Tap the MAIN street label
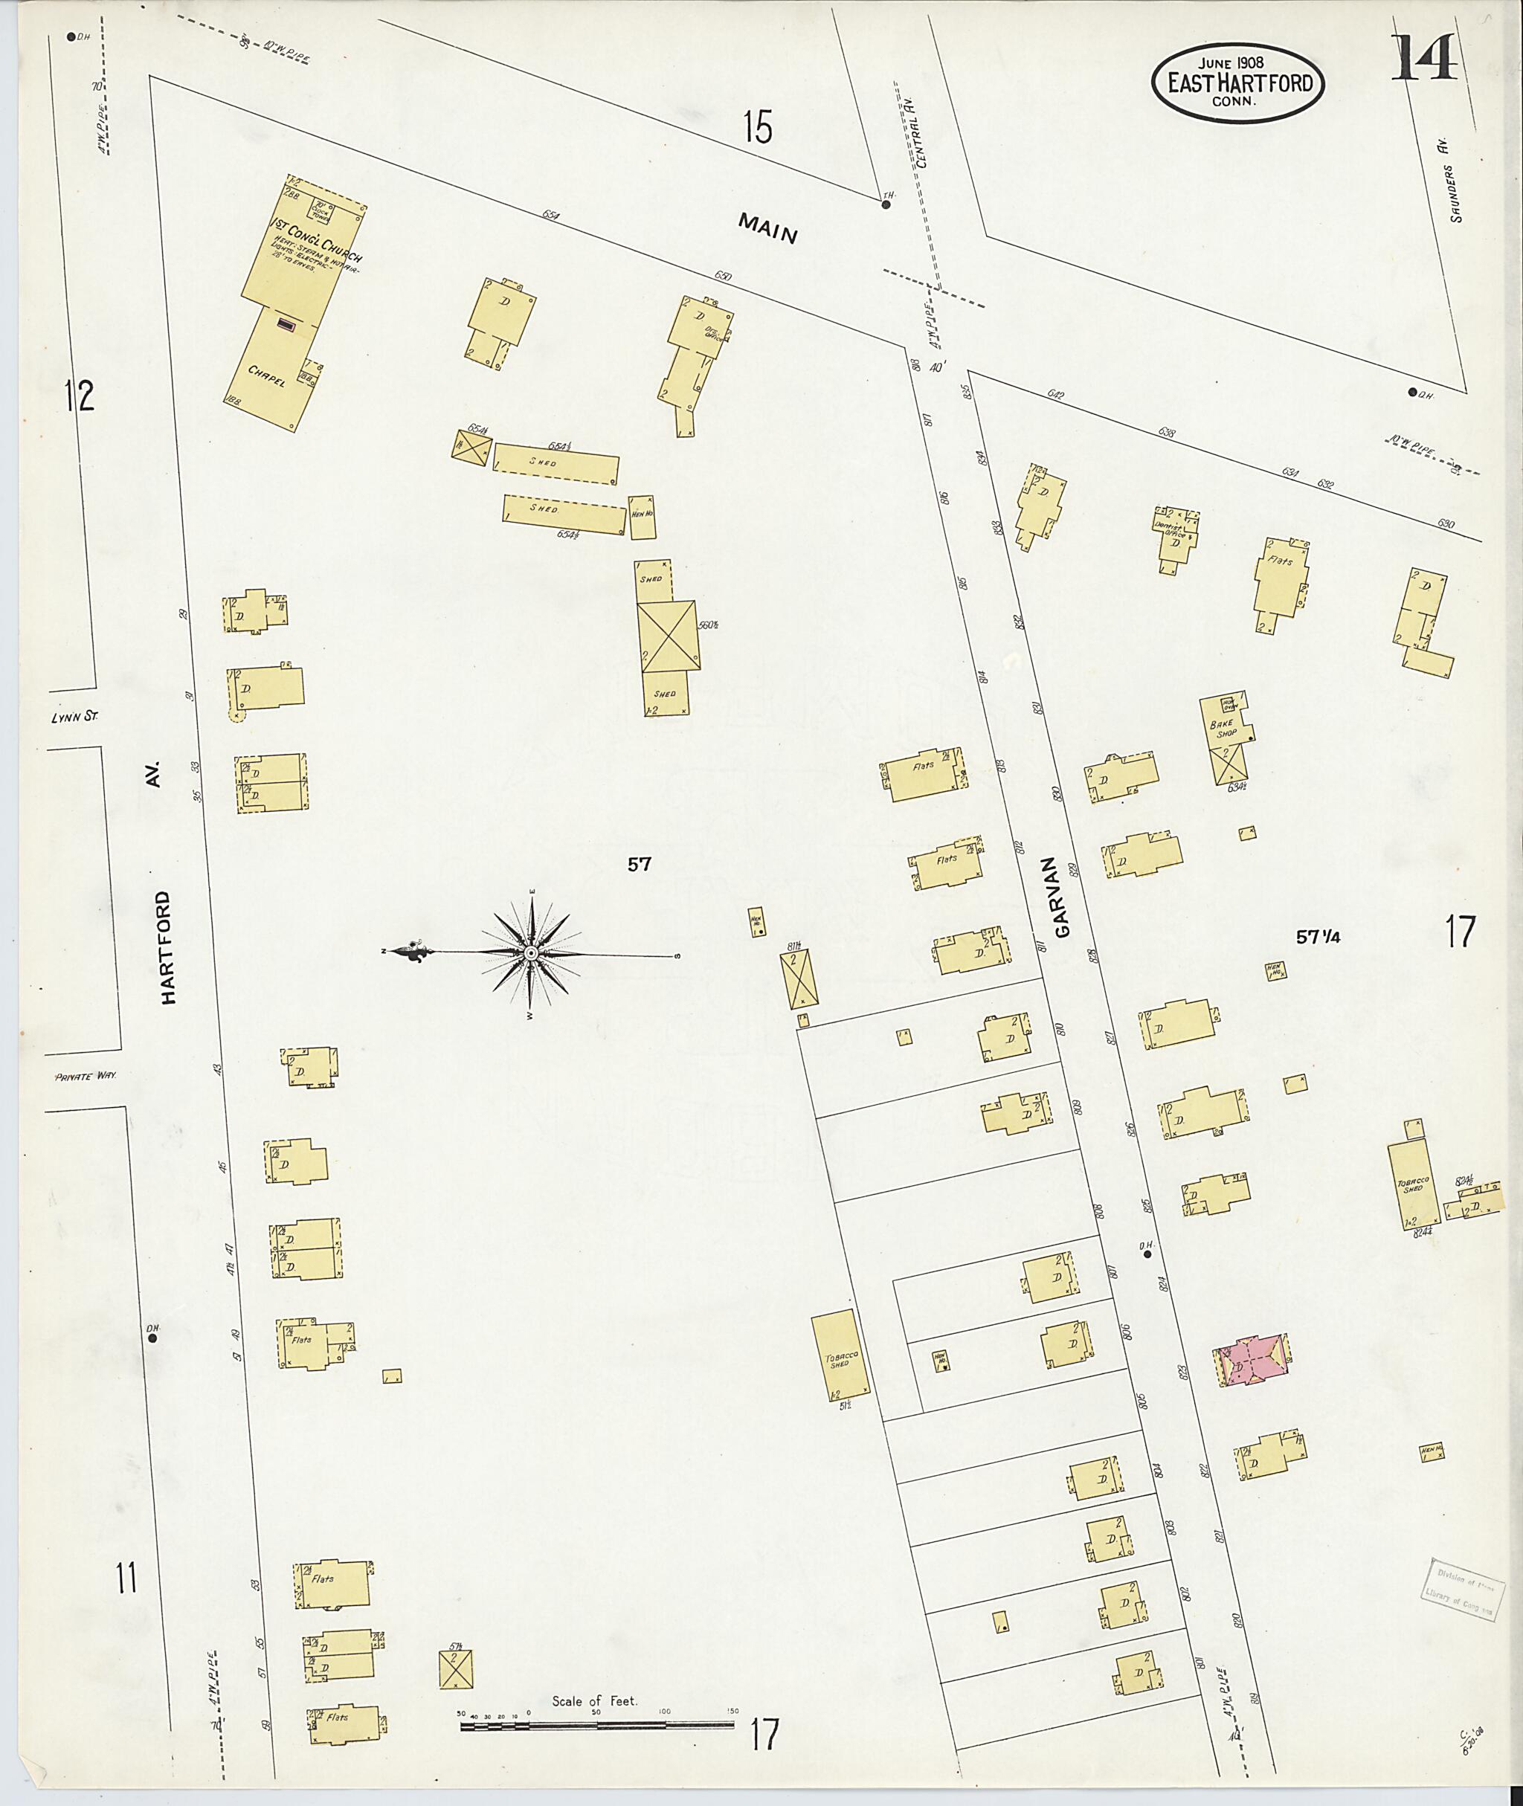click(x=767, y=228)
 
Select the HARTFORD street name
click(x=167, y=947)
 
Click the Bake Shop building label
click(x=1227, y=729)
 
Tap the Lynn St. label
click(x=69, y=715)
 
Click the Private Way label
click(x=85, y=1077)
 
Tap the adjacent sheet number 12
click(x=80, y=396)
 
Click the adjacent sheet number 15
click(x=757, y=129)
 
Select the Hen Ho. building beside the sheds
click(x=643, y=516)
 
